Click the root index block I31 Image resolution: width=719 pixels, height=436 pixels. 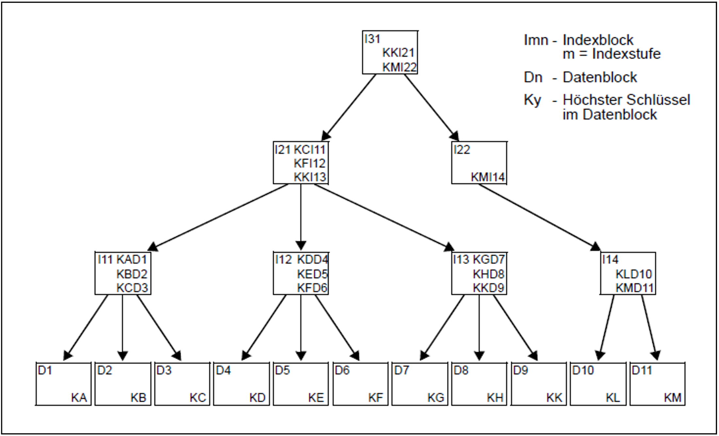click(390, 52)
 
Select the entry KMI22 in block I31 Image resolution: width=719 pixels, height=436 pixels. click(400, 67)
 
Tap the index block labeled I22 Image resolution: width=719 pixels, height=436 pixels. click(479, 162)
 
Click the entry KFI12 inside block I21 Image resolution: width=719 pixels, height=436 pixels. click(309, 163)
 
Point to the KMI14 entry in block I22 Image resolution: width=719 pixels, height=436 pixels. click(488, 177)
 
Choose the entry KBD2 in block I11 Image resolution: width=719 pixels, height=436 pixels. click(132, 274)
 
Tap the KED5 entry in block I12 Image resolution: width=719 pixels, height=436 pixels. click(312, 274)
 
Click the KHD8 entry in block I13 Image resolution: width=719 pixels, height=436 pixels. click(488, 274)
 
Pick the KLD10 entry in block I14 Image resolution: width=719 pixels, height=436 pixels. click(633, 274)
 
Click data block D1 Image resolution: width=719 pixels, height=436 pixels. click(63, 384)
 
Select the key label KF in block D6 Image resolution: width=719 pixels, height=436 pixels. click(375, 398)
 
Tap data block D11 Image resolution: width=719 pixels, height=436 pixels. click(657, 384)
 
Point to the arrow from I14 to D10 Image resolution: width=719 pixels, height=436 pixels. click(607, 327)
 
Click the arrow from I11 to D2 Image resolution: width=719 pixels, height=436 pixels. click(123, 327)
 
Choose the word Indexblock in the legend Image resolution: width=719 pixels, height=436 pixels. click(598, 40)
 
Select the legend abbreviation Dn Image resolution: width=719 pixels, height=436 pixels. click(533, 77)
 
